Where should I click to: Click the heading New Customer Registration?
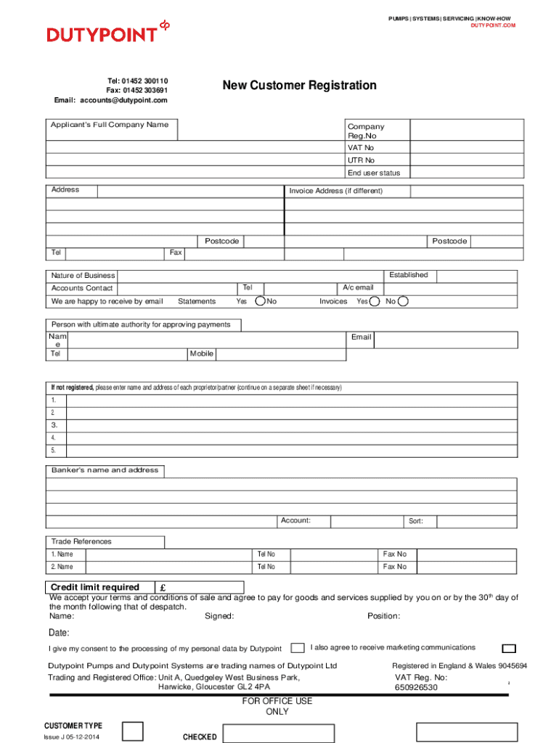coord(299,86)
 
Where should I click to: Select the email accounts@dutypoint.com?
coord(123,100)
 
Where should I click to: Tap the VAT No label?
coord(360,147)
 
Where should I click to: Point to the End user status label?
coord(373,173)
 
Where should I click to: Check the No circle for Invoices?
coord(404,301)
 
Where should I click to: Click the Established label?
coord(408,275)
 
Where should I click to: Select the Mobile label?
coord(201,353)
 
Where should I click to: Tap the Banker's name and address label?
coord(105,470)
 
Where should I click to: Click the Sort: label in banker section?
coord(415,521)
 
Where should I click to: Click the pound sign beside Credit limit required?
coord(163,588)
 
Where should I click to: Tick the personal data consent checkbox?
coord(298,648)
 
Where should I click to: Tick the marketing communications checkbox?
coord(510,649)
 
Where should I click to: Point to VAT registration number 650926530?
coord(416,687)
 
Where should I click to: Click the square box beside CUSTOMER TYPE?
coord(132,731)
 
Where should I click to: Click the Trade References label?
coord(81,541)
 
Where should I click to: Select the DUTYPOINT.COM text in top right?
coord(493,25)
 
